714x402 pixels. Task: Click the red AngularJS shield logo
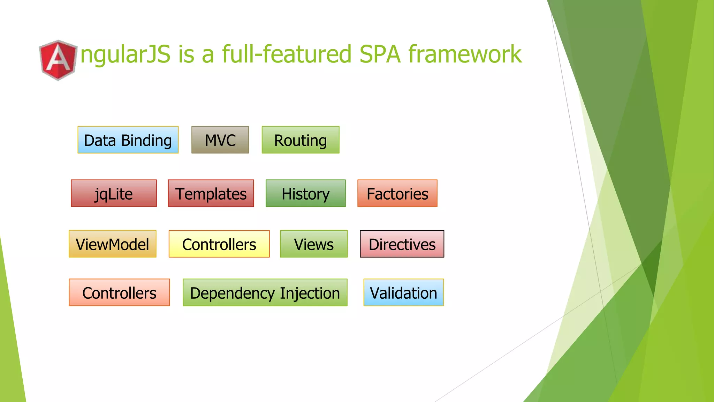(58, 60)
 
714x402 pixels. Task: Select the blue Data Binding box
(128, 140)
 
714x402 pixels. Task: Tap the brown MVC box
(220, 140)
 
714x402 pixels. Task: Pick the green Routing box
(300, 140)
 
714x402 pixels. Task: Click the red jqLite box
(114, 193)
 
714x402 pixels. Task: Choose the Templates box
(211, 193)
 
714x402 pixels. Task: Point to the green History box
(305, 193)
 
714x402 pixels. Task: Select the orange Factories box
(397, 193)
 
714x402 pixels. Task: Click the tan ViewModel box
(112, 244)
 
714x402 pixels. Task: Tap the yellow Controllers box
(219, 244)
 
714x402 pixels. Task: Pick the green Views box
(313, 244)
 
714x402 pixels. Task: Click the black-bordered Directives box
(402, 244)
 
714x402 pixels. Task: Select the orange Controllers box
(119, 292)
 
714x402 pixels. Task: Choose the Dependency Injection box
(265, 292)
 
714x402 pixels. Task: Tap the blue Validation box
(403, 292)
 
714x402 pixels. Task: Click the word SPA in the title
(380, 54)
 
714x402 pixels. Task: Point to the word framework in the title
(465, 54)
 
